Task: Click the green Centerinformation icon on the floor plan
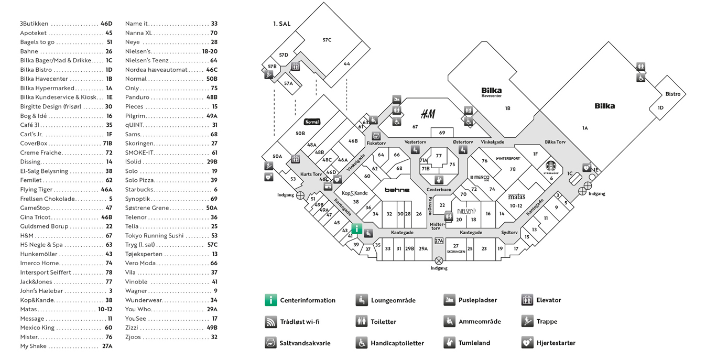356,229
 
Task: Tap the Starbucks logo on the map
551,167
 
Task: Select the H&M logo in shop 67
428,114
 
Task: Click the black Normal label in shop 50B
312,122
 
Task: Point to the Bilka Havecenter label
491,92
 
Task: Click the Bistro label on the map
672,94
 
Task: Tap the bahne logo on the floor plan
397,190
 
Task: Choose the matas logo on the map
517,197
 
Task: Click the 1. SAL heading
282,24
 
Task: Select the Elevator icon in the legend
527,300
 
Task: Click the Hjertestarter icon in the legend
527,343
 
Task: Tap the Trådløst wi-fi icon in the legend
271,322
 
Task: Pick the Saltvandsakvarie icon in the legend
271,343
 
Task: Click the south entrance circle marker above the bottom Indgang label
439,261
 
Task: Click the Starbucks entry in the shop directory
139,190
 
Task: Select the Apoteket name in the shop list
33,33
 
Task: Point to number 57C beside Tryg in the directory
212,245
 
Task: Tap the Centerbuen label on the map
439,190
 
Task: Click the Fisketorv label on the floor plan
376,143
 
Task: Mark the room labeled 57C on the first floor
327,40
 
